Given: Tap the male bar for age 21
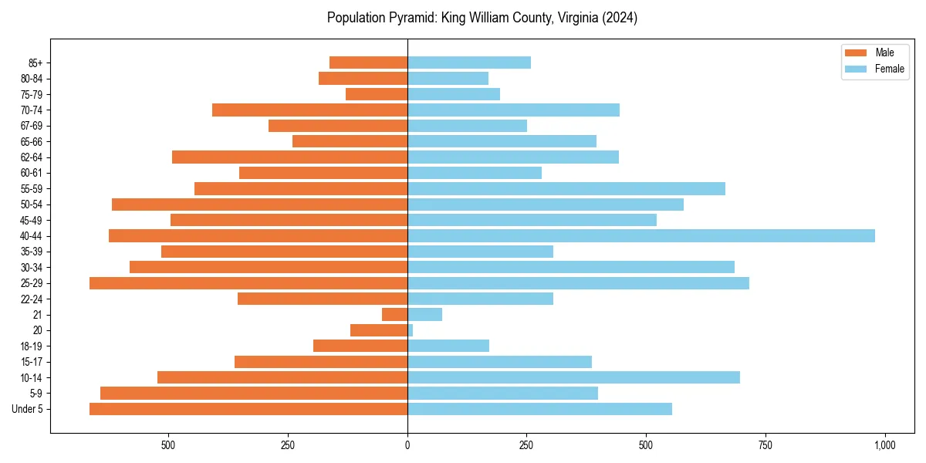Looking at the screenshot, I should point(394,314).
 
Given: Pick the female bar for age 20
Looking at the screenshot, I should point(411,330).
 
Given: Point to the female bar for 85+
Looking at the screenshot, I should point(469,63).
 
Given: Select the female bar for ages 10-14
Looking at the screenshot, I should point(573,377).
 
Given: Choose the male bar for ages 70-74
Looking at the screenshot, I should point(309,110).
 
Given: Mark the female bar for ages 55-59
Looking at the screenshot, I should point(566,188).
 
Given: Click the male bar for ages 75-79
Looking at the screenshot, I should point(377,94).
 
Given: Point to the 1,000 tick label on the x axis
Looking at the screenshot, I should point(884,445).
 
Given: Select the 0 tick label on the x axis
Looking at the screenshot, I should point(407,445).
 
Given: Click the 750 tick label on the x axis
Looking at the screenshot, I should point(765,445).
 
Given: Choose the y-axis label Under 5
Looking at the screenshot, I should point(27,409).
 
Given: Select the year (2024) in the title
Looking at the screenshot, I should point(618,18).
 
